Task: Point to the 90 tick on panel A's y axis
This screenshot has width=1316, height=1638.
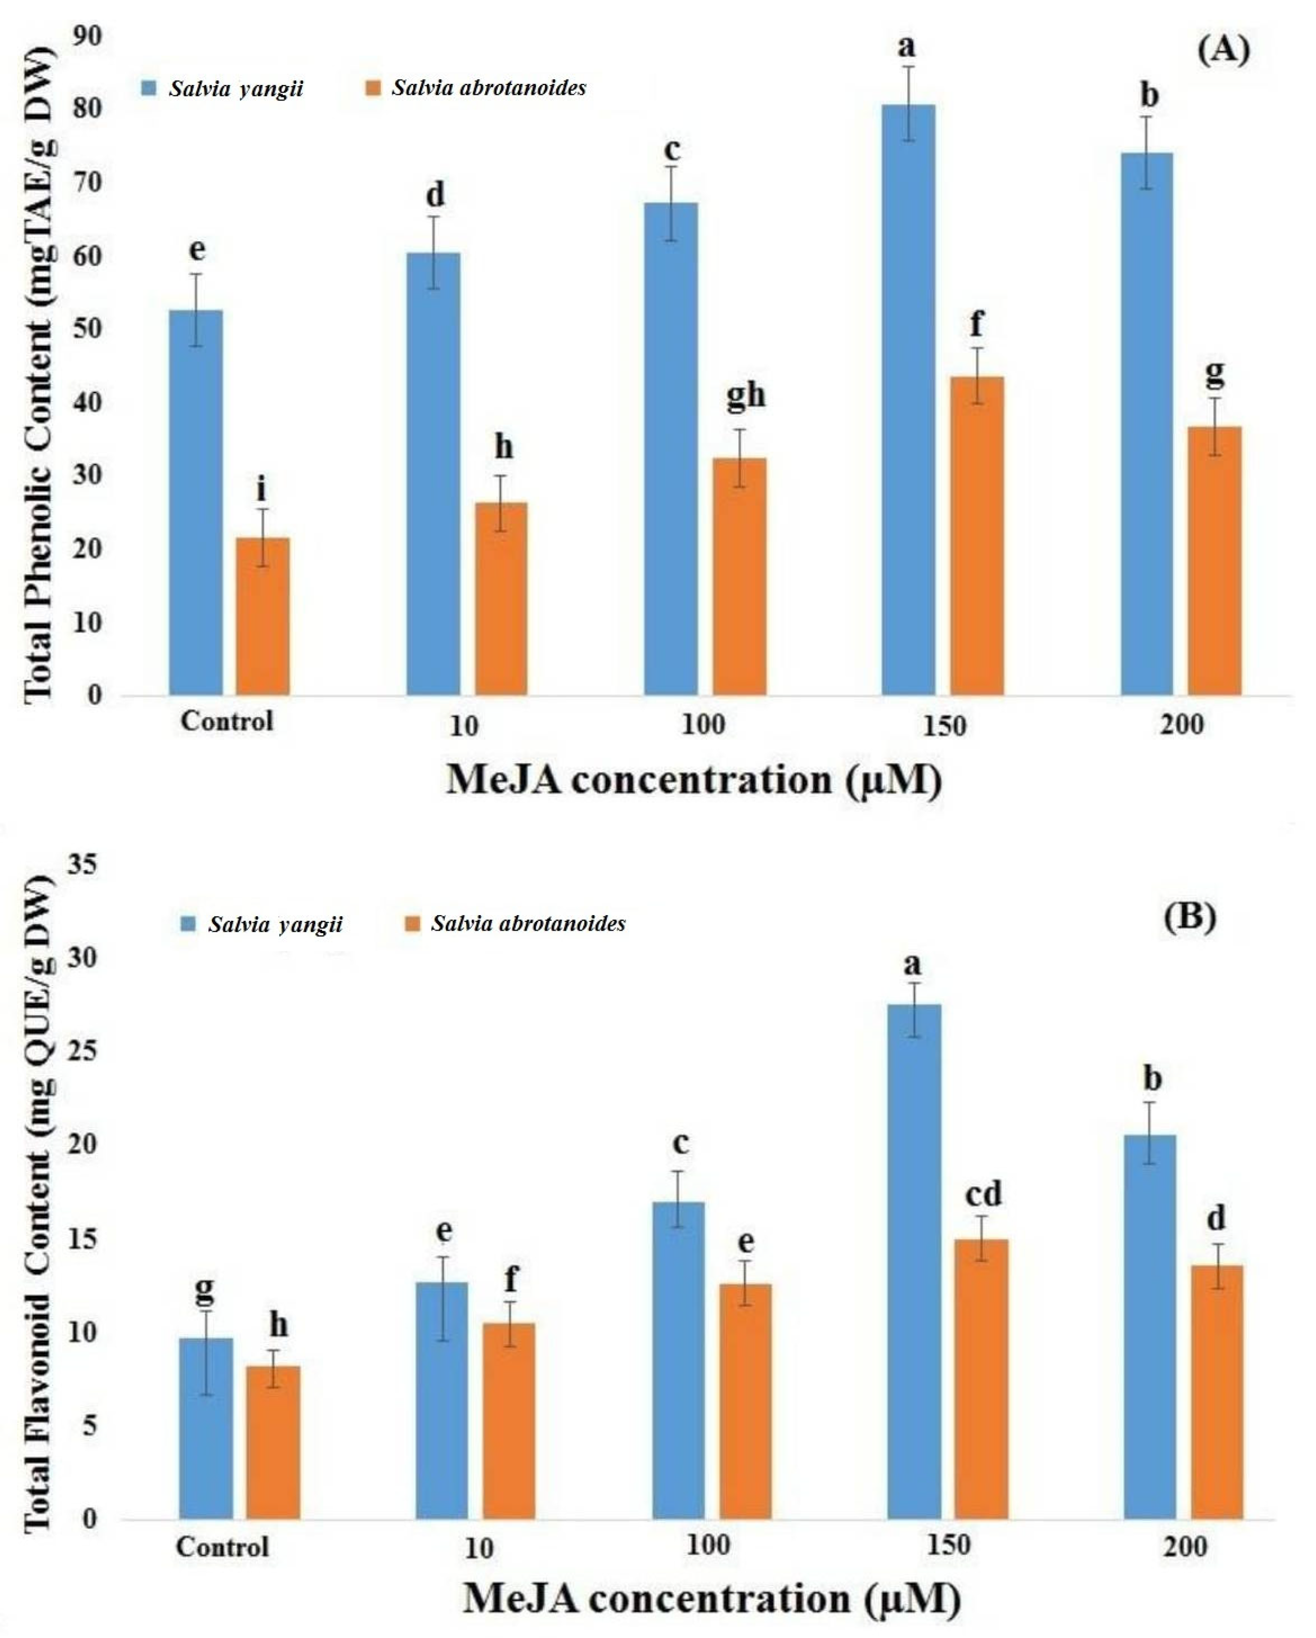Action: (88, 36)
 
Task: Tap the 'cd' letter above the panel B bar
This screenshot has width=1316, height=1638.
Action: (983, 1194)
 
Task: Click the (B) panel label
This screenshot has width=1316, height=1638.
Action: (1189, 917)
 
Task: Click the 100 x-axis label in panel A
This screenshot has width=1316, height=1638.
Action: (703, 724)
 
